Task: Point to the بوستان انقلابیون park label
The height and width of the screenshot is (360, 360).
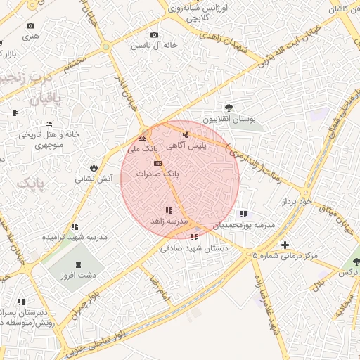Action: click(228, 120)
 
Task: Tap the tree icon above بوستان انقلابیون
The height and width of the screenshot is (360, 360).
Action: click(229, 108)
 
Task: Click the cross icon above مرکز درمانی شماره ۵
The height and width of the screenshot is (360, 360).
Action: click(284, 245)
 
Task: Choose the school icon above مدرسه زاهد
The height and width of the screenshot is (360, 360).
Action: click(168, 210)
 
